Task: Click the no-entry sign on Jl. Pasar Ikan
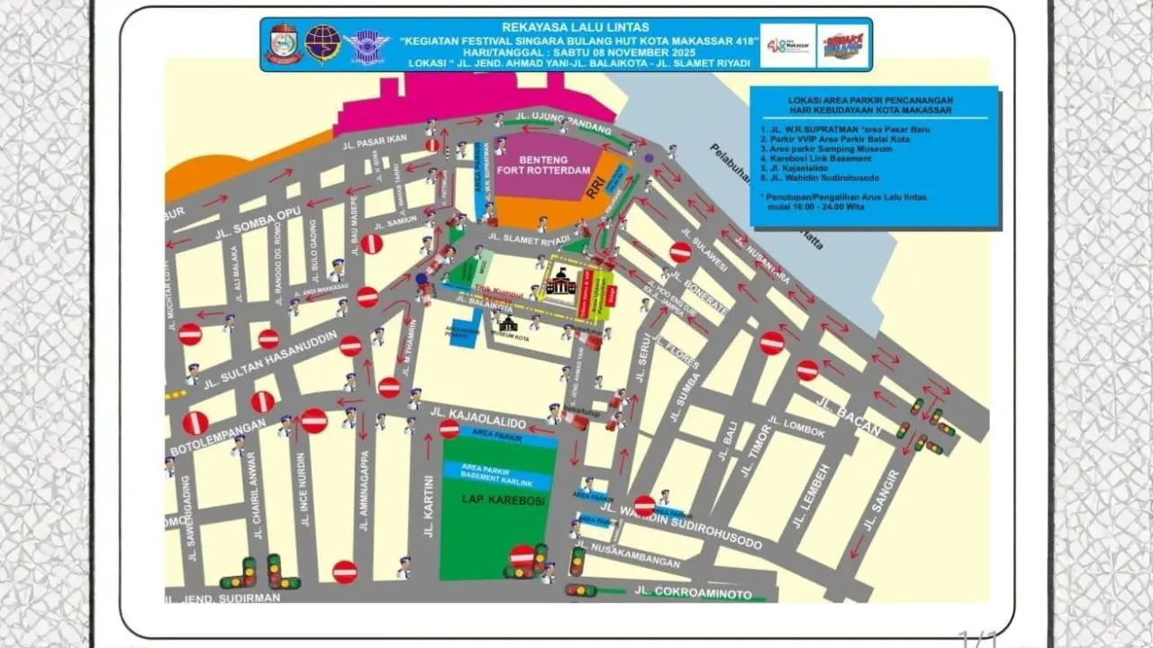(432, 145)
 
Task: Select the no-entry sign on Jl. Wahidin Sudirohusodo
(644, 506)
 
